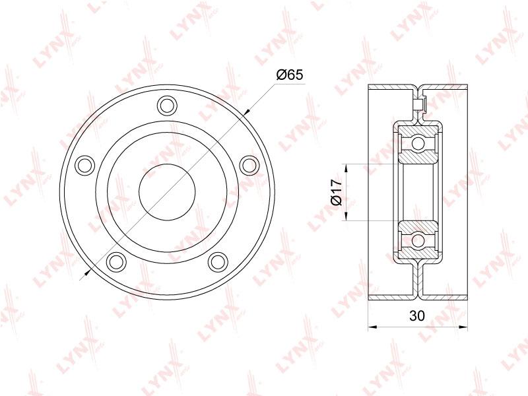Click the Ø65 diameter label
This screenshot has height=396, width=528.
pyautogui.click(x=290, y=75)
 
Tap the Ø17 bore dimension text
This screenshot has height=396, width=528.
pyautogui.click(x=336, y=192)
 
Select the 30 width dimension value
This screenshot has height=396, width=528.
pyautogui.click(x=417, y=315)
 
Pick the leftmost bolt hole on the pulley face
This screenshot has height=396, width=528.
pyautogui.click(x=84, y=166)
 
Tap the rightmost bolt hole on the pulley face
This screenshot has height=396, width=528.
pyautogui.click(x=250, y=166)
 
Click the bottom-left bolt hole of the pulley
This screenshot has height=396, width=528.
pyautogui.click(x=116, y=261)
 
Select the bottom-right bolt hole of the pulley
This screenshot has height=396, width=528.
pyautogui.click(x=218, y=261)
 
